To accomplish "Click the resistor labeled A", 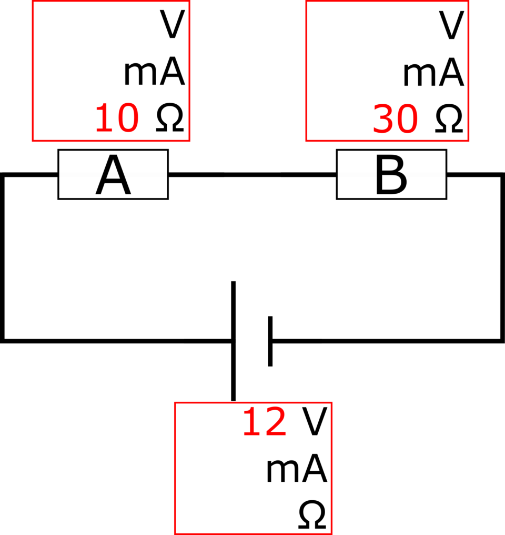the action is coord(113,174).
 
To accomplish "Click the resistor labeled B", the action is coord(391,174).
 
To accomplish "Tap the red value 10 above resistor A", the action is coord(117,118).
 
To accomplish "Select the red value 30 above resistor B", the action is coord(395,119).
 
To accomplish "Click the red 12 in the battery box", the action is coord(265,422).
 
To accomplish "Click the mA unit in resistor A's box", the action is coord(154,71).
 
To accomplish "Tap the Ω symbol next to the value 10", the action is coord(170,118).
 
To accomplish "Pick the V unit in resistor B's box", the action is coord(451,25).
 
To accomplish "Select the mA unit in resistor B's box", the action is coord(433,72).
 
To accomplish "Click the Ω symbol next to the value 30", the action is coord(449,118).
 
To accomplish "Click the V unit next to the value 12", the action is coord(315,422).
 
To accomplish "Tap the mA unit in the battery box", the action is coord(297,468).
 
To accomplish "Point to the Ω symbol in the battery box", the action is coord(312,515).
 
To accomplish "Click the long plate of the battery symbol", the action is coord(234,341).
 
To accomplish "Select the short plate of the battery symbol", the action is coord(270,341).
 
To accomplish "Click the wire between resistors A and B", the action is coord(252,175).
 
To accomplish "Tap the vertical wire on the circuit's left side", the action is coord(2,257).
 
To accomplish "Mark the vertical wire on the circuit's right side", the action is coord(502,257).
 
